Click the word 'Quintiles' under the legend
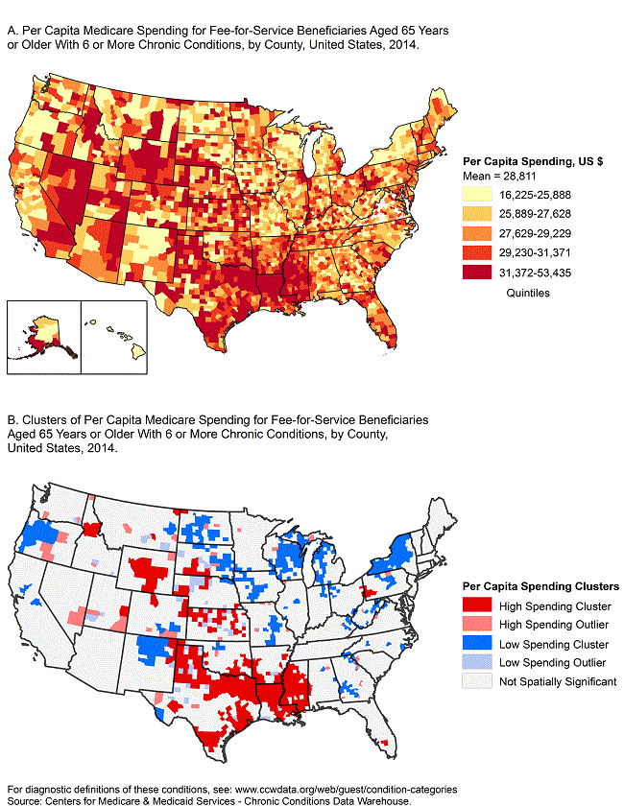pos(527,294)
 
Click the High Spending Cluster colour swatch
pos(477,605)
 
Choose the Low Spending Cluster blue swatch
pos(477,643)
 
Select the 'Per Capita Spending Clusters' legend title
pos(540,586)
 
